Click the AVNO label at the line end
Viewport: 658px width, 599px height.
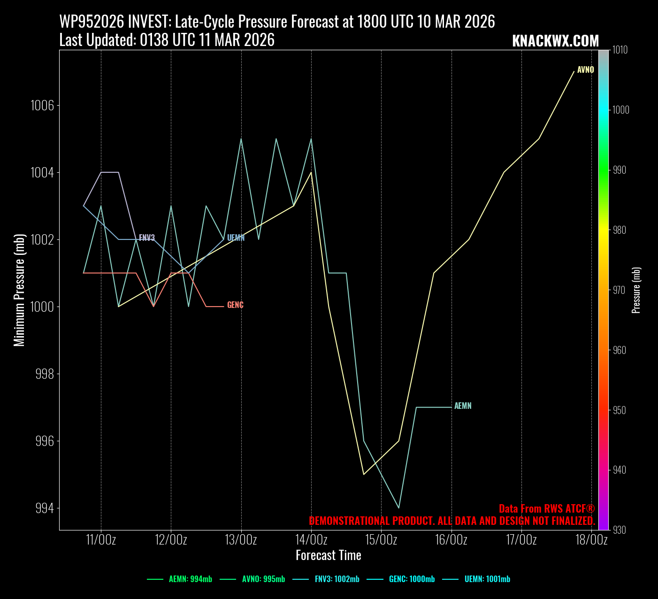point(585,70)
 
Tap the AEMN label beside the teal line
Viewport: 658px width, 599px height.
point(463,406)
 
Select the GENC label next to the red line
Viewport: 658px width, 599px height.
point(235,305)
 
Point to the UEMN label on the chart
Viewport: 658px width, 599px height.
point(236,238)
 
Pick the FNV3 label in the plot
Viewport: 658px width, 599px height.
point(147,238)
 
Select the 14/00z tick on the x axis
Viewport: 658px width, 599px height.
point(311,540)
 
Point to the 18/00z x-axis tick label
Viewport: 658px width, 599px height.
point(591,540)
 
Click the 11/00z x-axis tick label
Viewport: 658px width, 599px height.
point(101,540)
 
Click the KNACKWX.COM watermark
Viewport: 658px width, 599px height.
point(555,41)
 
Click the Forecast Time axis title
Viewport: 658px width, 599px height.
point(329,556)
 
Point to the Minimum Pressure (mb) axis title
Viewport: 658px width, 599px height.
point(19,290)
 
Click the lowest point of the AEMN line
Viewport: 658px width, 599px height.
point(399,508)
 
